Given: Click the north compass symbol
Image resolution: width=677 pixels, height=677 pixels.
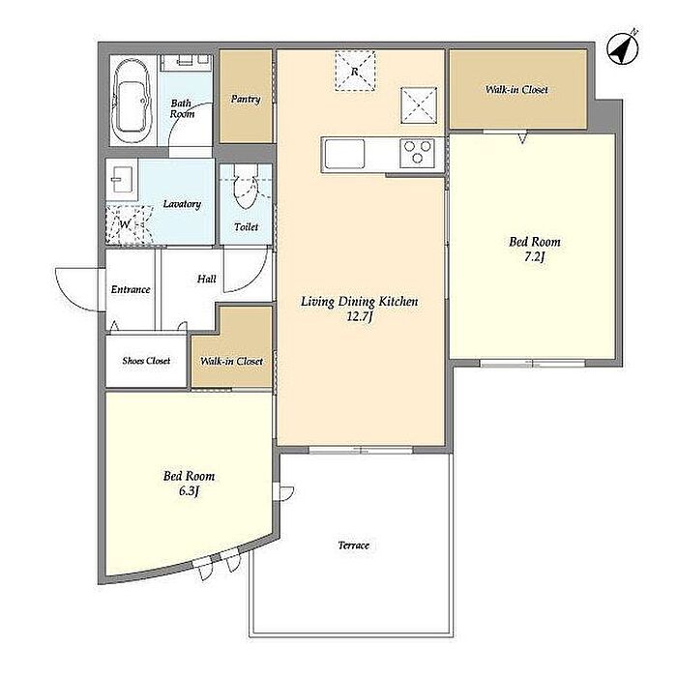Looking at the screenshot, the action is coord(622,48).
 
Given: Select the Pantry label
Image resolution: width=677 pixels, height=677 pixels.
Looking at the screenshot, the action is coord(246,100).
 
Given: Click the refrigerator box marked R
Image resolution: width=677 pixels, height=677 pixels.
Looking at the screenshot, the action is coord(355,71).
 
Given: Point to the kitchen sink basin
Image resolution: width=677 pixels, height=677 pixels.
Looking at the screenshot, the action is coord(344,154).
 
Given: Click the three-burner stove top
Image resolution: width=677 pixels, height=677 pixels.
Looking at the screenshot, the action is coord(417,153).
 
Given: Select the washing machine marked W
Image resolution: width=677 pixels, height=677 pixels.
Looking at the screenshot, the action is coord(129,225).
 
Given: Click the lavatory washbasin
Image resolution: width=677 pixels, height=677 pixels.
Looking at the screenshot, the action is coord(122,180).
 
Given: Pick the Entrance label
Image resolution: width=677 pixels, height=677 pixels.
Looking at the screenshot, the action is coord(131,289).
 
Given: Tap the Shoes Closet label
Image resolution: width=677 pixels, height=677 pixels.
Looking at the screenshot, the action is coord(146,361).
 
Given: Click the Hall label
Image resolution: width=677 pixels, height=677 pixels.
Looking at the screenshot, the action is coord(206,279).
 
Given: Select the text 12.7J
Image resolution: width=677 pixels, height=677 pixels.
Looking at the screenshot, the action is coord(360,317).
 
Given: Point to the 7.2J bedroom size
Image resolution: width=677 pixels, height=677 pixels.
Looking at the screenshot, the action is coord(535,257).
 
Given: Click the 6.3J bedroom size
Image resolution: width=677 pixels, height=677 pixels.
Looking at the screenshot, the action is coord(189,491).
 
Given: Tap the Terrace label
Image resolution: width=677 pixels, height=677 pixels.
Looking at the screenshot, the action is coord(354,545).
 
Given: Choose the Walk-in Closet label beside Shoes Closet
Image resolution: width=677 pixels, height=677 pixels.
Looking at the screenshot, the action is coord(232,361).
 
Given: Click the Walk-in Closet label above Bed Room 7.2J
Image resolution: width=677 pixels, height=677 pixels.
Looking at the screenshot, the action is coord(516,89).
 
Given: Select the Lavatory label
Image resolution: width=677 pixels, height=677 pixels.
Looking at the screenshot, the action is coord(182,204).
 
